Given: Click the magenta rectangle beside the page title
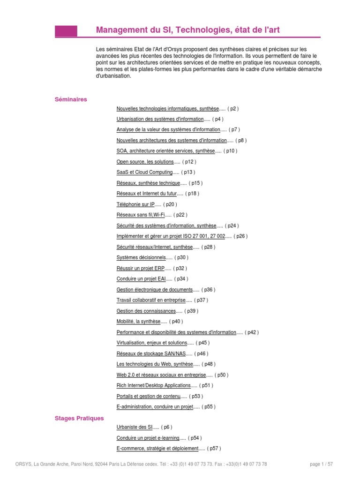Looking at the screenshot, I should tap(66, 31).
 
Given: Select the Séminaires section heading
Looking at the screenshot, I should tap(71, 99).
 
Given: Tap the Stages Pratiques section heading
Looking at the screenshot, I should tap(79, 418).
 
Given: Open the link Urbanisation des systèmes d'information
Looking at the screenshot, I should tap(160, 119).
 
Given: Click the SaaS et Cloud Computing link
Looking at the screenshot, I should tap(144, 172).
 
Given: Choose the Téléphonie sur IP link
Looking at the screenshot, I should tap(135, 204).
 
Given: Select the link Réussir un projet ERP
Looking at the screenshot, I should tap(141, 268).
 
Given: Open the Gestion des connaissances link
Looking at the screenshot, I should tap(146, 311).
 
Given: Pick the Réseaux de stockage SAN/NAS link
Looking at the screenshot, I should tap(151, 353).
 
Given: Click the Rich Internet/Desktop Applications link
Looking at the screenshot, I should tap(154, 385).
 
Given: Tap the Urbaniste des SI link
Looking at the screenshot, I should tap(135, 427).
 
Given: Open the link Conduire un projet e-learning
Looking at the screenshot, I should tap(148, 438).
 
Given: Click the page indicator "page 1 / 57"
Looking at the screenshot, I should tap(321, 464).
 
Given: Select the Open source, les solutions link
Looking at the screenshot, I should tap(145, 162).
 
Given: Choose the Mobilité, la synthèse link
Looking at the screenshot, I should tap(138, 322).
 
